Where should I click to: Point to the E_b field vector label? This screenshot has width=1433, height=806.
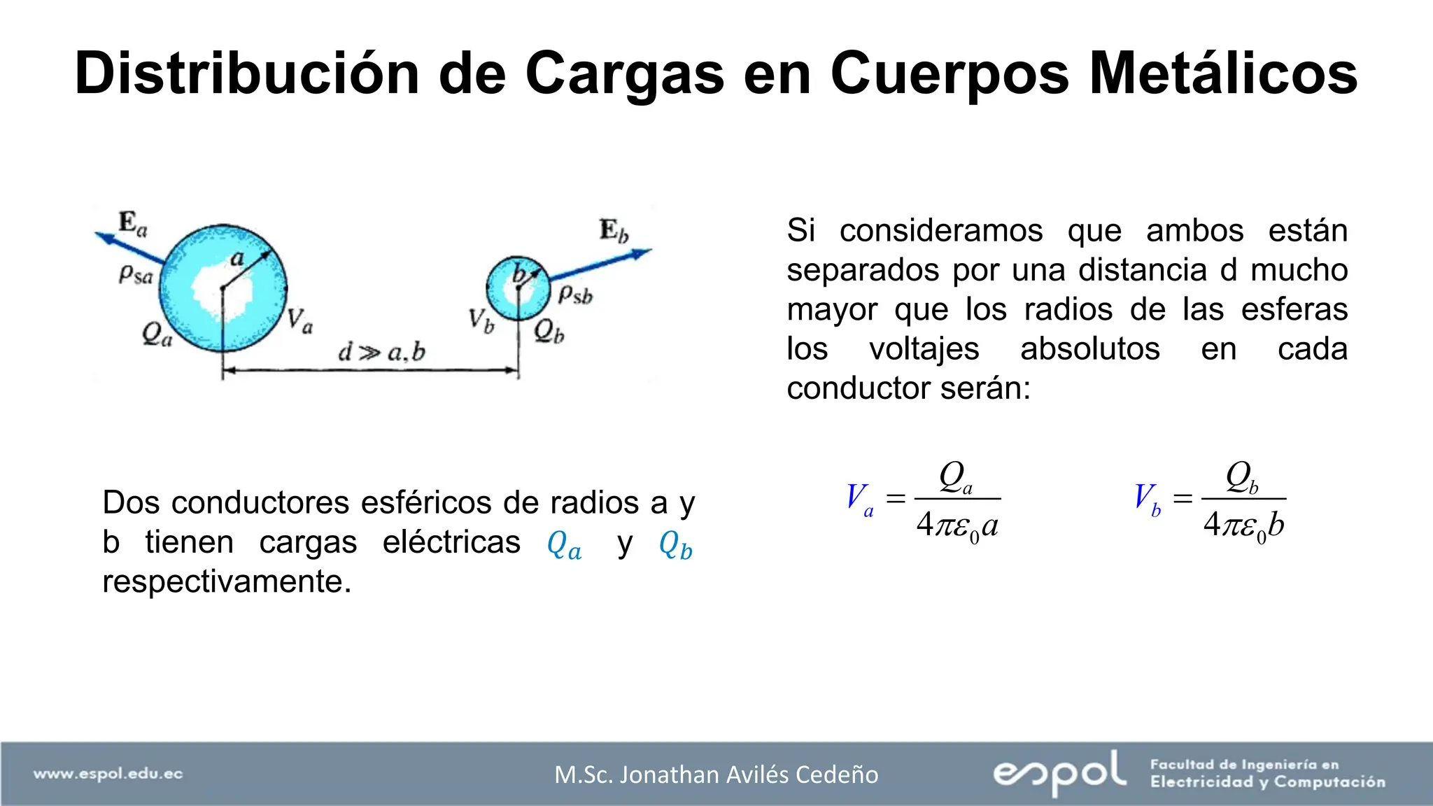coord(614,230)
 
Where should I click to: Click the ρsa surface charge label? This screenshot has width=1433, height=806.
coord(135,274)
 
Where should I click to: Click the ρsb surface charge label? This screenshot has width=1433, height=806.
coord(575,294)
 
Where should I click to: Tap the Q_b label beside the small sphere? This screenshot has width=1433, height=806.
coord(549,331)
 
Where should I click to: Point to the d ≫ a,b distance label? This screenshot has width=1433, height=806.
coord(381,352)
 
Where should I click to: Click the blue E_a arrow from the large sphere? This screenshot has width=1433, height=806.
coord(129,248)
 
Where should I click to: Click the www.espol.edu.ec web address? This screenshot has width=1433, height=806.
coord(108,774)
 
